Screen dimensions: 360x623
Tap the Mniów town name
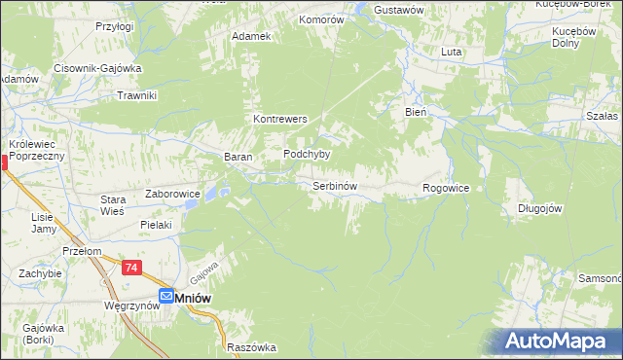tap(194, 297)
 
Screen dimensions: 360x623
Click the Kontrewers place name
tap(280, 119)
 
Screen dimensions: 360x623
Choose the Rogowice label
tap(447, 188)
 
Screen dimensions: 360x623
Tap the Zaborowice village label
tap(172, 194)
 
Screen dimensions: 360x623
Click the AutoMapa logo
tap(557, 342)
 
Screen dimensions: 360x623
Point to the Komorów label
tap(321, 18)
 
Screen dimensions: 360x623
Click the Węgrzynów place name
tap(130, 306)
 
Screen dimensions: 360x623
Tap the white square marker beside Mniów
tap(166, 297)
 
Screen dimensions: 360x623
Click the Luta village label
tap(451, 52)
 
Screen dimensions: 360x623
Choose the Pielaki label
tap(156, 225)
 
